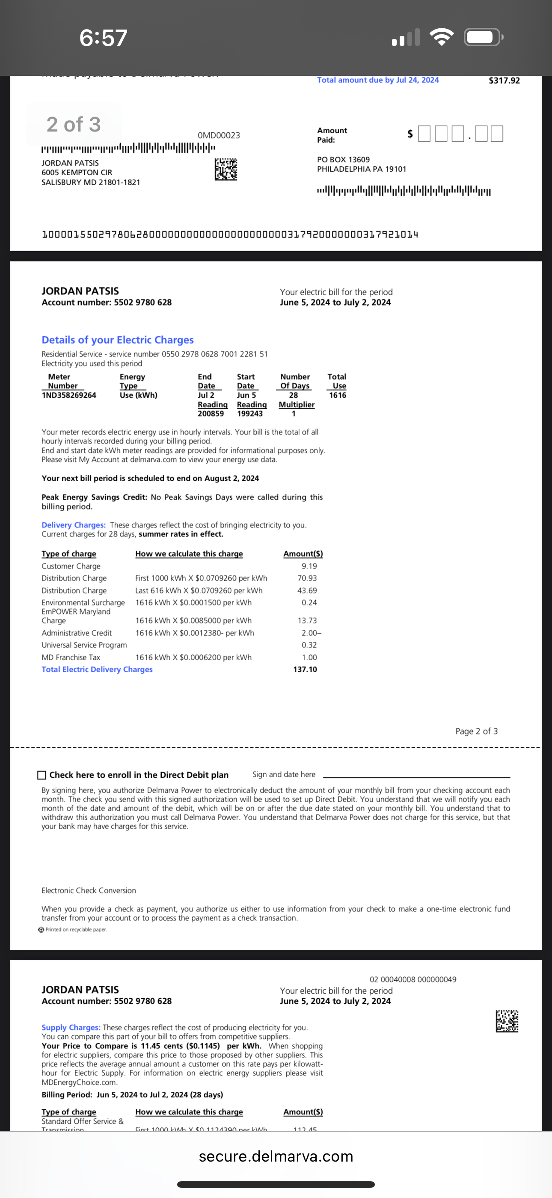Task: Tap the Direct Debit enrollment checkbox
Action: coord(42,775)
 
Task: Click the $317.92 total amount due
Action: coord(504,81)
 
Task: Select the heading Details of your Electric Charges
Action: coord(118,340)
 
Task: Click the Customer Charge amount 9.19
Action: coord(309,566)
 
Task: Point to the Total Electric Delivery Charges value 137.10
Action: coord(305,669)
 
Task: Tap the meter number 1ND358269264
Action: coord(69,395)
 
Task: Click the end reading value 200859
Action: coord(211,413)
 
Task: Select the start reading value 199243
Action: coord(249,413)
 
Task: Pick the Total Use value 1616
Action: coord(337,395)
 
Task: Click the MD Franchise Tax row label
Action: coord(71,657)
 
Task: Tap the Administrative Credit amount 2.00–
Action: coord(311,633)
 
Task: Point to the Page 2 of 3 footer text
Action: coord(476,731)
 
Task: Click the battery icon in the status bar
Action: coord(483,37)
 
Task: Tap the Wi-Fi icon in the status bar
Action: coord(442,37)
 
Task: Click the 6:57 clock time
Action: coord(103,38)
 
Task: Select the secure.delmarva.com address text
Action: coord(276,1156)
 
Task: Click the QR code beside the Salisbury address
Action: coord(226,169)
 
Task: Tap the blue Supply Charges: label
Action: coord(71,1027)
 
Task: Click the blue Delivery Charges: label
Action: coord(74,525)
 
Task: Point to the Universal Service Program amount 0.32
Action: coord(309,645)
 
